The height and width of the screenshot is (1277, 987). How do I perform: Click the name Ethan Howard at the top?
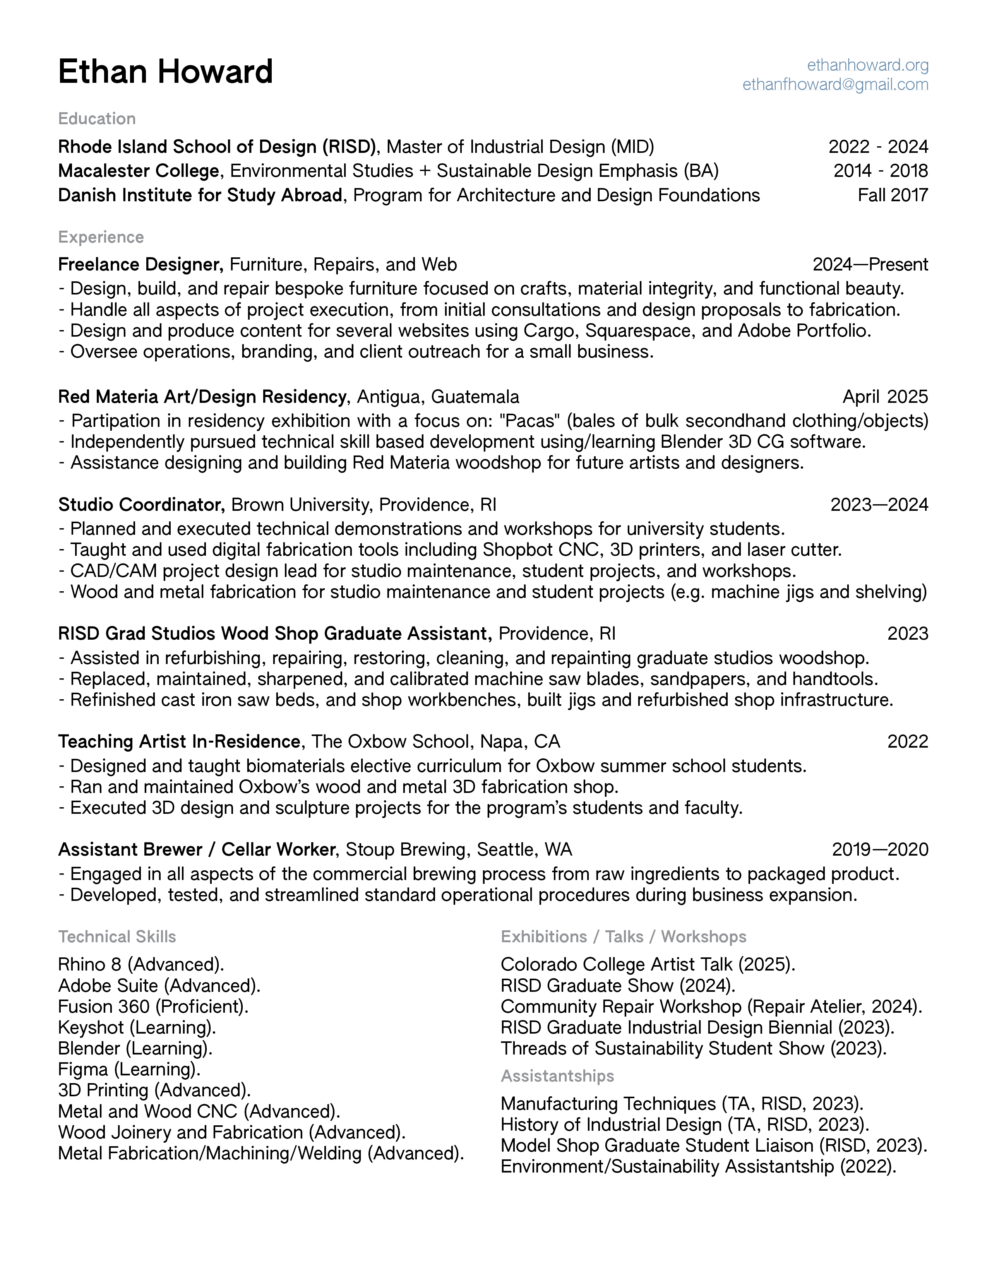point(166,72)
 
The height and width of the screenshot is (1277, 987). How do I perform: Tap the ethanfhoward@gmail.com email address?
point(835,85)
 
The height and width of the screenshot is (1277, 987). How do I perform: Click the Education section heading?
point(97,119)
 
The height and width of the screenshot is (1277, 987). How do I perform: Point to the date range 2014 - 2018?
point(880,171)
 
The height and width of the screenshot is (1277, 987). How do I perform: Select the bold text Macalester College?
point(139,171)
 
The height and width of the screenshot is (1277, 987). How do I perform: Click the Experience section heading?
point(101,237)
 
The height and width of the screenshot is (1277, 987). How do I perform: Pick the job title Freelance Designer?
point(141,265)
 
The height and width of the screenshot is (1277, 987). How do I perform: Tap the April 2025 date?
point(885,397)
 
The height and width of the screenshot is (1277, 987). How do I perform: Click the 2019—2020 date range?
point(879,849)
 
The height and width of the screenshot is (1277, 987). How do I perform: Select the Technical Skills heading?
point(117,937)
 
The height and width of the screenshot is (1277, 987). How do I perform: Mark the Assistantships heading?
point(557,1076)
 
